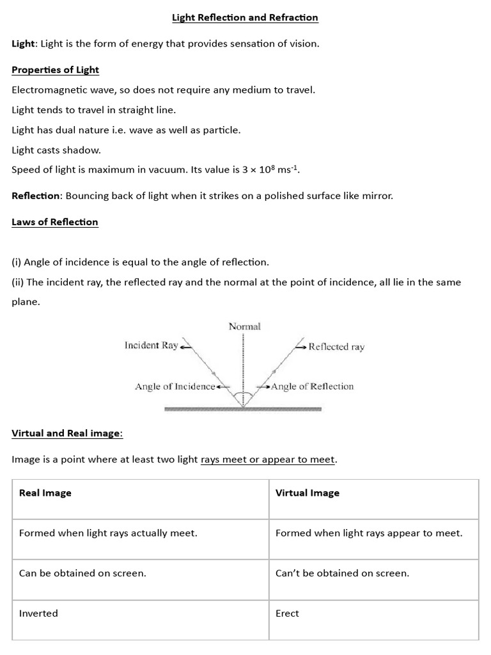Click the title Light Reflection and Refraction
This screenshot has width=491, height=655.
245,18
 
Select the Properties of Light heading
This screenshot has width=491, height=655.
56,70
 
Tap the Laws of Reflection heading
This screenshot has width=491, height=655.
55,222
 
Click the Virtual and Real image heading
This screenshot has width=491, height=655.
66,433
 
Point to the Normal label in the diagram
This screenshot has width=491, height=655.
245,326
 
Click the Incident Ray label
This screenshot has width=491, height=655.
151,345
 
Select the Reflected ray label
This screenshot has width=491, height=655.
336,347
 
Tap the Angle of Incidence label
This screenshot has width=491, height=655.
175,386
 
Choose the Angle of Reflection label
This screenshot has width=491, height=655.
312,386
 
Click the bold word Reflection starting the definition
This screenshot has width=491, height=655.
36,196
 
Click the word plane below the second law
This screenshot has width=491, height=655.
26,302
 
